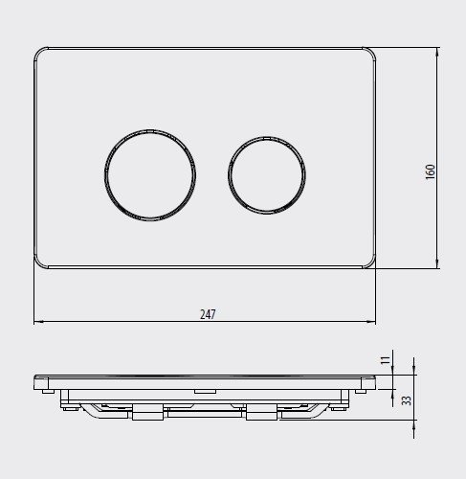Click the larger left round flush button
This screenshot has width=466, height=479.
tap(150, 178)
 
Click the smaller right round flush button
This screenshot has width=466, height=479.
tap(267, 177)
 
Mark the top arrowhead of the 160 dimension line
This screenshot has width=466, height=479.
tap(438, 50)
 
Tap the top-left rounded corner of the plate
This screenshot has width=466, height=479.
tap(40, 53)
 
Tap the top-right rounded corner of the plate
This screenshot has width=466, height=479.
tap(369, 53)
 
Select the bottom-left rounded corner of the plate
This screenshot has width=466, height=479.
tap(40, 262)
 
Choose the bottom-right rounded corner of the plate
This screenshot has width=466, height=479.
tap(369, 262)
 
